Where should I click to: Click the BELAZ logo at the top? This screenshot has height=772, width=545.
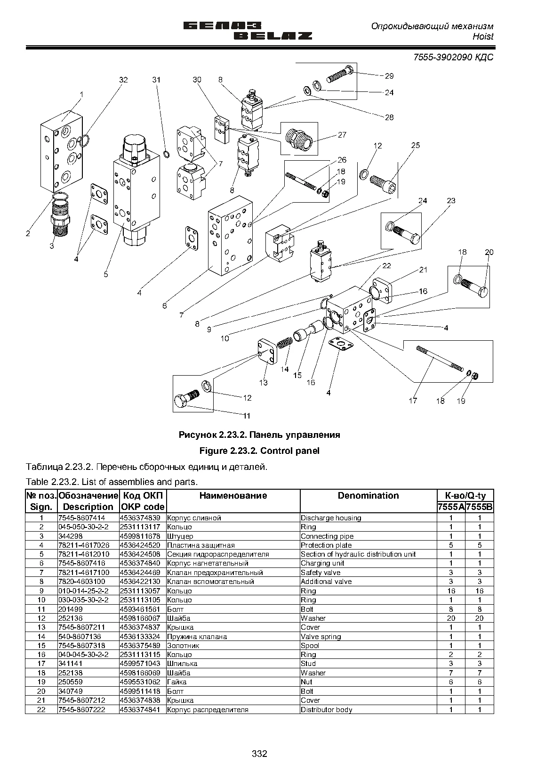(248, 31)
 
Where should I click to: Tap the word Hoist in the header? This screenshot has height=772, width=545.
(483, 37)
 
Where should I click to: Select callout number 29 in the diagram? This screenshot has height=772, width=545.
(389, 76)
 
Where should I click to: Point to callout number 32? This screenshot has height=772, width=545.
(123, 80)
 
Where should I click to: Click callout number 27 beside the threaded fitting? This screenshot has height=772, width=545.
(342, 135)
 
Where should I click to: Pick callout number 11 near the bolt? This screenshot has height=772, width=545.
(246, 416)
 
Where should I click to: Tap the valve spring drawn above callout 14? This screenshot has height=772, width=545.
(285, 343)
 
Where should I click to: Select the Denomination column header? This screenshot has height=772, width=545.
(368, 496)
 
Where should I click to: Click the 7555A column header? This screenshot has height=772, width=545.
(451, 507)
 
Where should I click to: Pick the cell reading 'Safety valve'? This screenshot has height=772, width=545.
(321, 573)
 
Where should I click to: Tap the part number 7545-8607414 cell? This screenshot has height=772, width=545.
(82, 518)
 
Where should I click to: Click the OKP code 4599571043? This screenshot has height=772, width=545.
(140, 664)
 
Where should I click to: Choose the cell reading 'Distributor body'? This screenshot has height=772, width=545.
(326, 710)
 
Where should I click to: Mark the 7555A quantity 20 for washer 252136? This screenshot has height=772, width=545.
(451, 618)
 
